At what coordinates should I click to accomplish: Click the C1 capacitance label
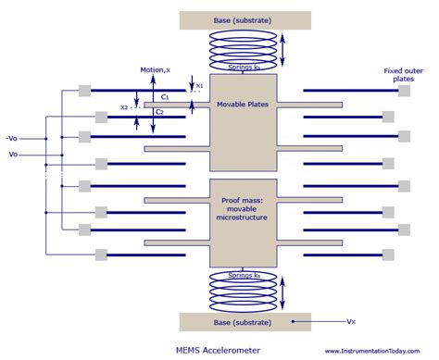pos(164,96)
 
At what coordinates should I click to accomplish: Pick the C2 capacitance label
pos(159,112)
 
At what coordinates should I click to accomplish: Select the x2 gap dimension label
pos(125,106)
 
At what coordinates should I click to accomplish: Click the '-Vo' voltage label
pos(12,138)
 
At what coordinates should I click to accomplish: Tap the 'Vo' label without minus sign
pos(13,154)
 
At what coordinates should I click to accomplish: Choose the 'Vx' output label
pos(351,321)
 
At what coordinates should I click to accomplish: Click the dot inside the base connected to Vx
pos(294,321)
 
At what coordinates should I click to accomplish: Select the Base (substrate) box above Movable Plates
pos(245,19)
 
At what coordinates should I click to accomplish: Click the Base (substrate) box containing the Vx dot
pos(245,321)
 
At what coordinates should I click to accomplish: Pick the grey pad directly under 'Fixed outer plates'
pos(390,93)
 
